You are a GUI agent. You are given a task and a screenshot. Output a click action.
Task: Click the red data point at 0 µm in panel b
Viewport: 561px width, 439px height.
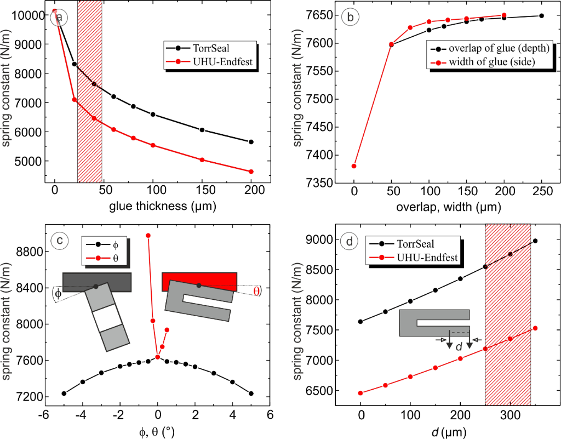[x=354, y=166]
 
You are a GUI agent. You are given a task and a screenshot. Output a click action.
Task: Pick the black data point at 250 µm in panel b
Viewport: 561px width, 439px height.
[x=541, y=16]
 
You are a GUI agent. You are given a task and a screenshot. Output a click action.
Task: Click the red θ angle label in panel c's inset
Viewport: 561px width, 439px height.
[x=257, y=291]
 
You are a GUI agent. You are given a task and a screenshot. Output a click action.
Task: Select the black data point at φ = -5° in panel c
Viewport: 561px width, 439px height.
[x=64, y=394]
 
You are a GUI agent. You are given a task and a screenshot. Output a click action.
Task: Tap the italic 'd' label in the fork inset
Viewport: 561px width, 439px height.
[x=459, y=346]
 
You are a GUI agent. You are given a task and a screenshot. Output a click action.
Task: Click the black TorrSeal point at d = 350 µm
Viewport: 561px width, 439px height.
[x=535, y=241]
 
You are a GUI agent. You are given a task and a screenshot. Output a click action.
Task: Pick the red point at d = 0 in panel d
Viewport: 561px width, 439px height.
[x=360, y=393]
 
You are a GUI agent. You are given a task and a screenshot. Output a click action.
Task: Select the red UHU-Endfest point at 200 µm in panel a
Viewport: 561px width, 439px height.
[x=251, y=172]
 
